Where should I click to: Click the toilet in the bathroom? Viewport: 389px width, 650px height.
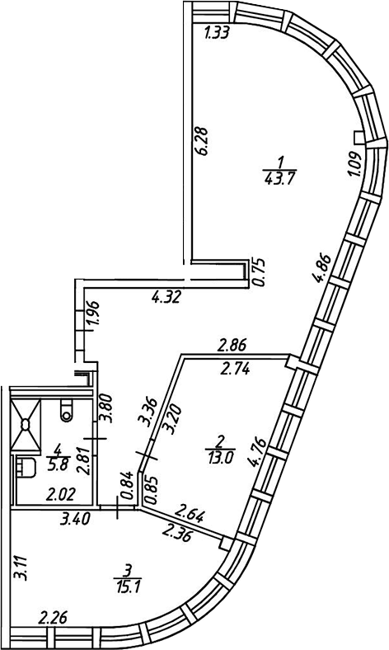(65, 410)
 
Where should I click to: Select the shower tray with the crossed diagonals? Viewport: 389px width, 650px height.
(26, 425)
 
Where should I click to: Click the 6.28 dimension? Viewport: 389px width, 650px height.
(203, 141)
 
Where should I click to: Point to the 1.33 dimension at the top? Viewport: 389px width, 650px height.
(217, 33)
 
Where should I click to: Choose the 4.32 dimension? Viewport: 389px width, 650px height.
(166, 297)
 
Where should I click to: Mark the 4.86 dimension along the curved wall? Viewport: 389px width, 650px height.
(323, 268)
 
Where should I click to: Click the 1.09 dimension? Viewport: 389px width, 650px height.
(355, 165)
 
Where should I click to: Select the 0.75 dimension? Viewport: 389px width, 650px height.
(260, 273)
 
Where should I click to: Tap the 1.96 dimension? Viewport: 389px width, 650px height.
(93, 316)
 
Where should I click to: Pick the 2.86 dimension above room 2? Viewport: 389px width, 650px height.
(232, 345)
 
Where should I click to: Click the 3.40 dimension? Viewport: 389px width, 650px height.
(74, 519)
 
